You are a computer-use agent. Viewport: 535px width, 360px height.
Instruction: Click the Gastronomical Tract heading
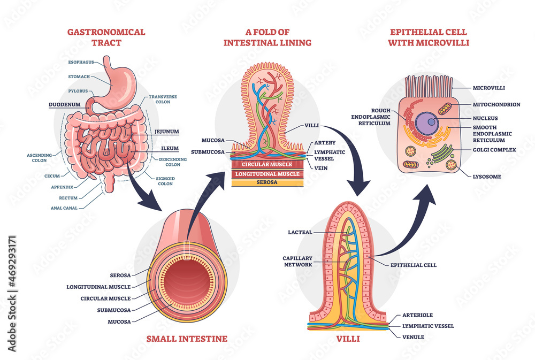[x=106, y=37]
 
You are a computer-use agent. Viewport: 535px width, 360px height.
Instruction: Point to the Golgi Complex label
[x=494, y=150]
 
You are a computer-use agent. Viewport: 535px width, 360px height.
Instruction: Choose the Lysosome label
[x=487, y=176]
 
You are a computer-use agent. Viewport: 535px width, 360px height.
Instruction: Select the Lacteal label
[x=300, y=232]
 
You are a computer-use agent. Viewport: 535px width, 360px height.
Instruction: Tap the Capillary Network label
[x=297, y=261]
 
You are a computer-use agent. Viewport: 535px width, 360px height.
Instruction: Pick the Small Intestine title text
[x=187, y=339]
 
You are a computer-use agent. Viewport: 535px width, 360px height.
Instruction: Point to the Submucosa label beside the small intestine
[x=115, y=309]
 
